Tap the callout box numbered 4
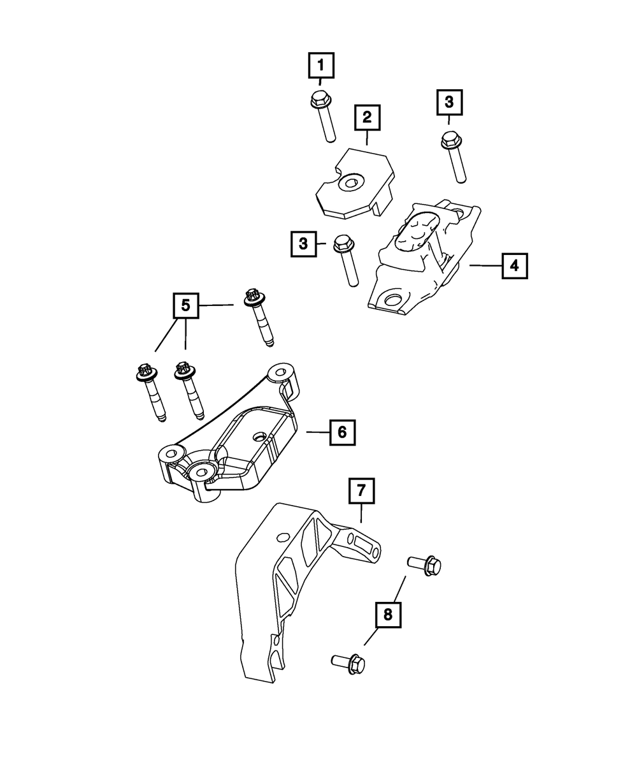click(x=514, y=266)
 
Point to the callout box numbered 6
click(x=342, y=432)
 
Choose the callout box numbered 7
click(x=361, y=491)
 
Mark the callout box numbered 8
click(x=388, y=615)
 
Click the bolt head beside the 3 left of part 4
click(x=343, y=243)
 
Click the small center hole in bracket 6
click(x=259, y=438)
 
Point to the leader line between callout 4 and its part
click(x=485, y=266)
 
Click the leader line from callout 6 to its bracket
click(x=317, y=432)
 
